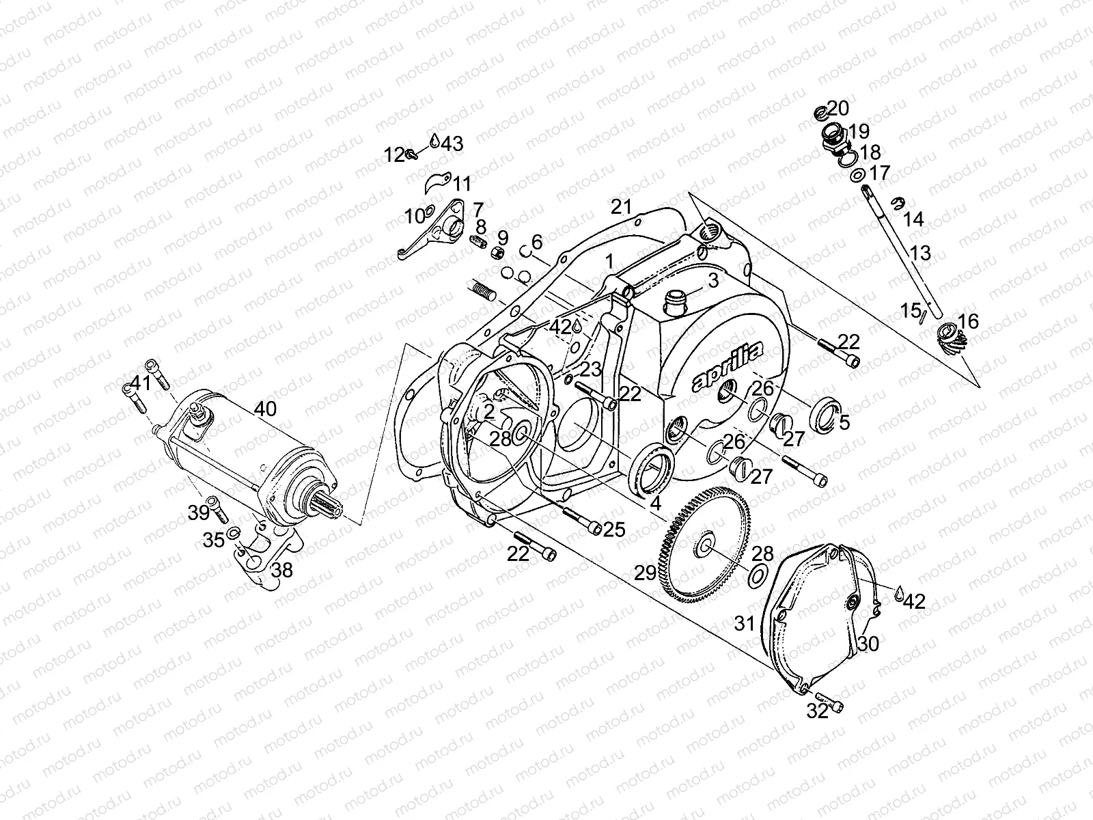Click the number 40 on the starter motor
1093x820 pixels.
coord(266,409)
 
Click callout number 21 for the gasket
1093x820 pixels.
coord(622,206)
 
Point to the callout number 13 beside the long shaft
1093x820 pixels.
coord(920,254)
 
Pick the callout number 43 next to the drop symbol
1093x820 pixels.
coord(452,143)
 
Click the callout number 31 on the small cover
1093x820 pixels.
coord(745,623)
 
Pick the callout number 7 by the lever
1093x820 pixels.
coord(478,208)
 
